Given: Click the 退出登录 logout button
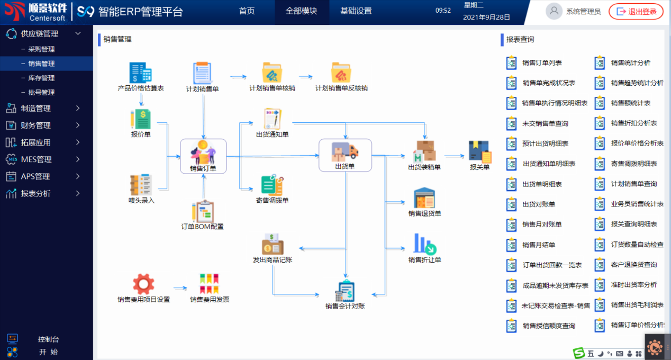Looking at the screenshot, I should click(636, 12).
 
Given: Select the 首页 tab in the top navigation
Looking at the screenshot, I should click(247, 11).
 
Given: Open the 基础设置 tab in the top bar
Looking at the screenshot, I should click(356, 11).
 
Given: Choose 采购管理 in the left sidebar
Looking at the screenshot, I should click(41, 49).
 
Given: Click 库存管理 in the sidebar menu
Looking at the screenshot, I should click(41, 78).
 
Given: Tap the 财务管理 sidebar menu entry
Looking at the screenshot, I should click(36, 125).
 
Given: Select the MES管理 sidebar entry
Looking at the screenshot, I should click(36, 159).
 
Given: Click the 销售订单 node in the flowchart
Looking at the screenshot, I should click(203, 155).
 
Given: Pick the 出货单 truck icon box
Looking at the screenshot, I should click(345, 155).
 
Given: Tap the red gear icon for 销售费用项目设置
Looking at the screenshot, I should click(143, 284).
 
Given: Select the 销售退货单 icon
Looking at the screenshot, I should click(424, 199).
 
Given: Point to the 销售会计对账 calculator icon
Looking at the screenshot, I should click(345, 291).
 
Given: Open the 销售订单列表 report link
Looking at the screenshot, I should click(541, 63).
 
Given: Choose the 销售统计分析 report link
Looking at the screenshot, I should click(630, 63).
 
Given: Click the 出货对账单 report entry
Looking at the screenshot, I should click(539, 204).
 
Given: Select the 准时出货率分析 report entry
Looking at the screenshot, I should click(633, 285).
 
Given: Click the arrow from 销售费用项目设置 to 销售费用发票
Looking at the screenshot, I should click(180, 288).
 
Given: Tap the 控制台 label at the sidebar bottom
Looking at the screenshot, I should click(49, 339).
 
